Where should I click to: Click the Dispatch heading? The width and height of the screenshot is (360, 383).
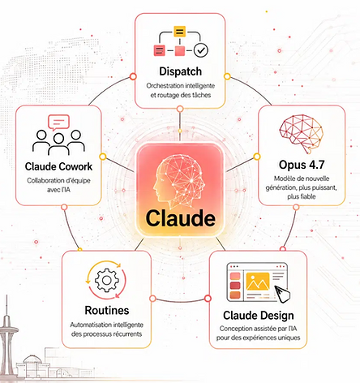(180, 71)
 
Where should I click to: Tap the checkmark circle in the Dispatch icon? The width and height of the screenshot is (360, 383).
(201, 50)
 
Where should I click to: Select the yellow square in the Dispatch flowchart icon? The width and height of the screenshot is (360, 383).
(179, 32)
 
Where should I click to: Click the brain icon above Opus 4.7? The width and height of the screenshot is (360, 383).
(301, 134)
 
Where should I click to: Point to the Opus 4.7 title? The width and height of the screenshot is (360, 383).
(302, 165)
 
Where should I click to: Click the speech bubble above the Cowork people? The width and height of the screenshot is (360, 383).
(58, 123)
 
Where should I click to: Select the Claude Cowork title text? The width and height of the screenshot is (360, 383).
(58, 166)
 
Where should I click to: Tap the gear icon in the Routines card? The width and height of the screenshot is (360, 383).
(106, 280)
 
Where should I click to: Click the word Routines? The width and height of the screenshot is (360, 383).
(107, 310)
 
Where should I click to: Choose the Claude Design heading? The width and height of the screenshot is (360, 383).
(259, 316)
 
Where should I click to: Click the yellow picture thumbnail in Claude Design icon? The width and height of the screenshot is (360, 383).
(258, 282)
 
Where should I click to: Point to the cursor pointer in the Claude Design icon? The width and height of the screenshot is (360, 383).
(282, 294)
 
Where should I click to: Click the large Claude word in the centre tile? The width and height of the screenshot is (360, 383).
(180, 218)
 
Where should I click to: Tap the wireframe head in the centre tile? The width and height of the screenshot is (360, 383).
(179, 179)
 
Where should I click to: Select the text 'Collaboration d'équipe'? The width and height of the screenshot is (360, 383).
(58, 181)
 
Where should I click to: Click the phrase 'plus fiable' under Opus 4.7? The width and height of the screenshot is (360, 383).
(302, 196)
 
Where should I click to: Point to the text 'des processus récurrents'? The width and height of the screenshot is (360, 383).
(106, 334)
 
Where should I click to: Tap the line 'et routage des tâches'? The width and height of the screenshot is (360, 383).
(180, 95)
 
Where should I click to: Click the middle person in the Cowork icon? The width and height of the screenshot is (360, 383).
(58, 144)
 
